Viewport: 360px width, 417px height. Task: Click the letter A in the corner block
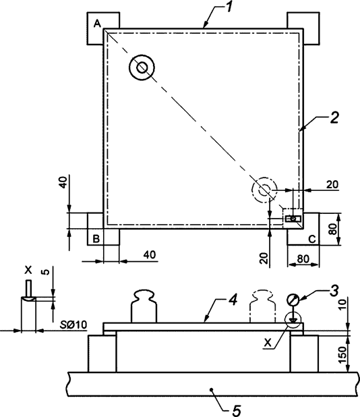click(97, 23)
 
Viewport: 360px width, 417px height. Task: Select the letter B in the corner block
click(96, 238)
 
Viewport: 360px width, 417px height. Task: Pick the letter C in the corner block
click(311, 238)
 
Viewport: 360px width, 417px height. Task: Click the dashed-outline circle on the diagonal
click(264, 190)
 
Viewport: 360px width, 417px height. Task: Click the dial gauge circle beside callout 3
click(294, 300)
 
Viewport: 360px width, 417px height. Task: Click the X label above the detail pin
click(28, 269)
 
